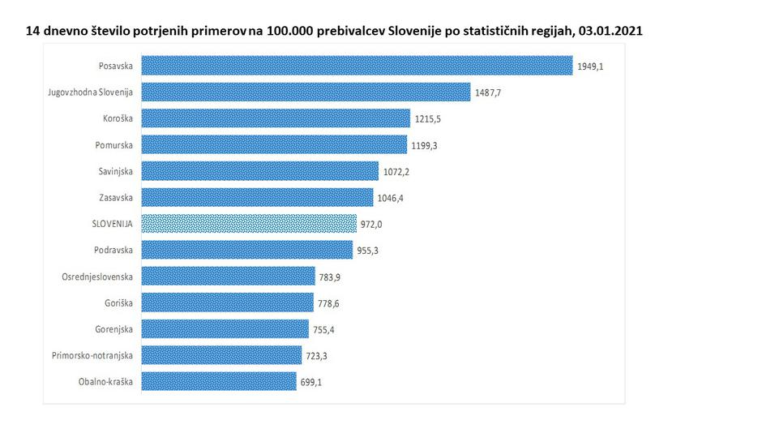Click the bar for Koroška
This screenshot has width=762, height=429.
[276, 118]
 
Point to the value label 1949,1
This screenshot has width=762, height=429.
[590, 66]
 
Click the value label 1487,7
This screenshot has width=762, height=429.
[488, 92]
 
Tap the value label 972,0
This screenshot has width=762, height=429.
[373, 224]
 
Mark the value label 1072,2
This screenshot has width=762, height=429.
[396, 171]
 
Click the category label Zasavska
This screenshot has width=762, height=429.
[114, 197]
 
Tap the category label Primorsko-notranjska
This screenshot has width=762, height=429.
[91, 355]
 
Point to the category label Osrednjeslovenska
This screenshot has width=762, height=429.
[97, 277]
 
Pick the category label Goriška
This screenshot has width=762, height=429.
[118, 302]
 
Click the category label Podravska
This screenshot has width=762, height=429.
[113, 250]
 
